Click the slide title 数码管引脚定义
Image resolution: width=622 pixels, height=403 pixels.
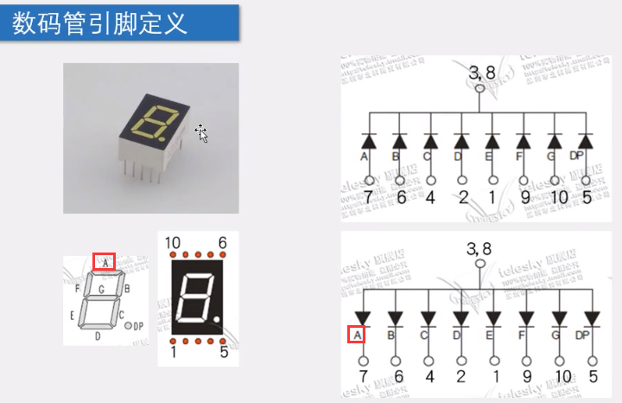pos(100,22)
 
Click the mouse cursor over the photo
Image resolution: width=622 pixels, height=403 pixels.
pos(202,133)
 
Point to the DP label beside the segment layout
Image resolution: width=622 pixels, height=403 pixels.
pos(136,327)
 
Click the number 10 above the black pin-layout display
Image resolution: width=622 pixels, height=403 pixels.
pos(172,244)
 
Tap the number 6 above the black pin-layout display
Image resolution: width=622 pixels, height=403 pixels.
pos(222,244)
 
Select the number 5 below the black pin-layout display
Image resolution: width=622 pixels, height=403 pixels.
pos(224,353)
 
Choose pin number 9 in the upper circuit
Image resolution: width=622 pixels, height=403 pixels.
pos(526,198)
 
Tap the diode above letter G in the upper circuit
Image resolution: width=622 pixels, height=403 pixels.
pos(555,140)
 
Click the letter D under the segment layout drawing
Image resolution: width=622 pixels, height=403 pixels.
pos(97,336)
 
